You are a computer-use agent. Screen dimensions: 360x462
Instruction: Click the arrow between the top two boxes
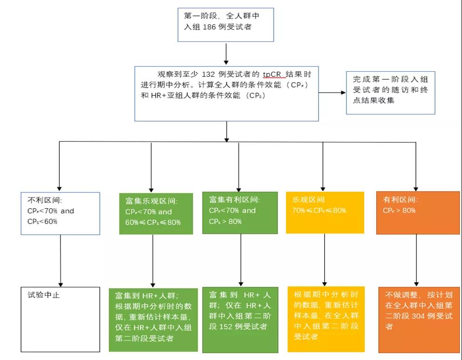(x=226, y=53)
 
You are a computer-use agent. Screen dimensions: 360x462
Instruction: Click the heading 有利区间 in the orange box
(x=400, y=199)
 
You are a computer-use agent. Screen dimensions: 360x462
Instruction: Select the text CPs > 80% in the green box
(x=225, y=221)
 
